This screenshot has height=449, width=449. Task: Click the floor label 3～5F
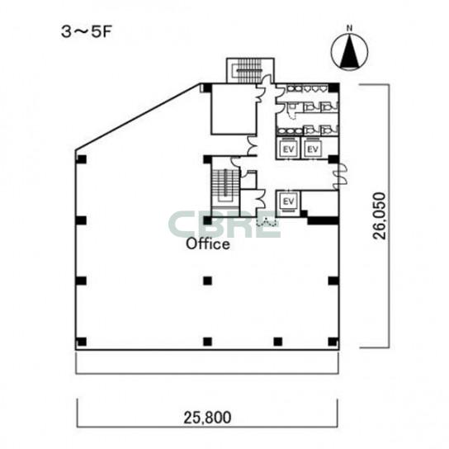86,32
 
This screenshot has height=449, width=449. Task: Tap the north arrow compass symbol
349,52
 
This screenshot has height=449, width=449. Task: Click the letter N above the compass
349,28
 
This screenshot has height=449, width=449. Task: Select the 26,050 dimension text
380,216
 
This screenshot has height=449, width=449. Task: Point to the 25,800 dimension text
207,418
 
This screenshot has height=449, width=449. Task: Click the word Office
208,244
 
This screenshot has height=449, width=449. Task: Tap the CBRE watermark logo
224,224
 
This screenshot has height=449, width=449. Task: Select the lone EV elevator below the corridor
288,201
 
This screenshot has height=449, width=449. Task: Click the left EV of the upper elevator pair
289,149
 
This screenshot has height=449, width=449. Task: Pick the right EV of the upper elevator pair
313,149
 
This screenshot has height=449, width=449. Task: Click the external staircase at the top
250,70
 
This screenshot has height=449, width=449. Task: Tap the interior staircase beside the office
225,187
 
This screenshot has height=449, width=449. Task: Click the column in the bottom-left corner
82,342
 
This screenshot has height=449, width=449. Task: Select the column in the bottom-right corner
333,342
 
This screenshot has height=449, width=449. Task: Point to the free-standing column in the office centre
208,281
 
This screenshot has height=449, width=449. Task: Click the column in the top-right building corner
333,87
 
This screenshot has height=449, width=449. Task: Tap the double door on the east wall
342,176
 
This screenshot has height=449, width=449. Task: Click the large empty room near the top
233,109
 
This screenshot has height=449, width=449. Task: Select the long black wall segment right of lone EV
323,220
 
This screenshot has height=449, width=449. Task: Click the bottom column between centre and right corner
278,342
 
